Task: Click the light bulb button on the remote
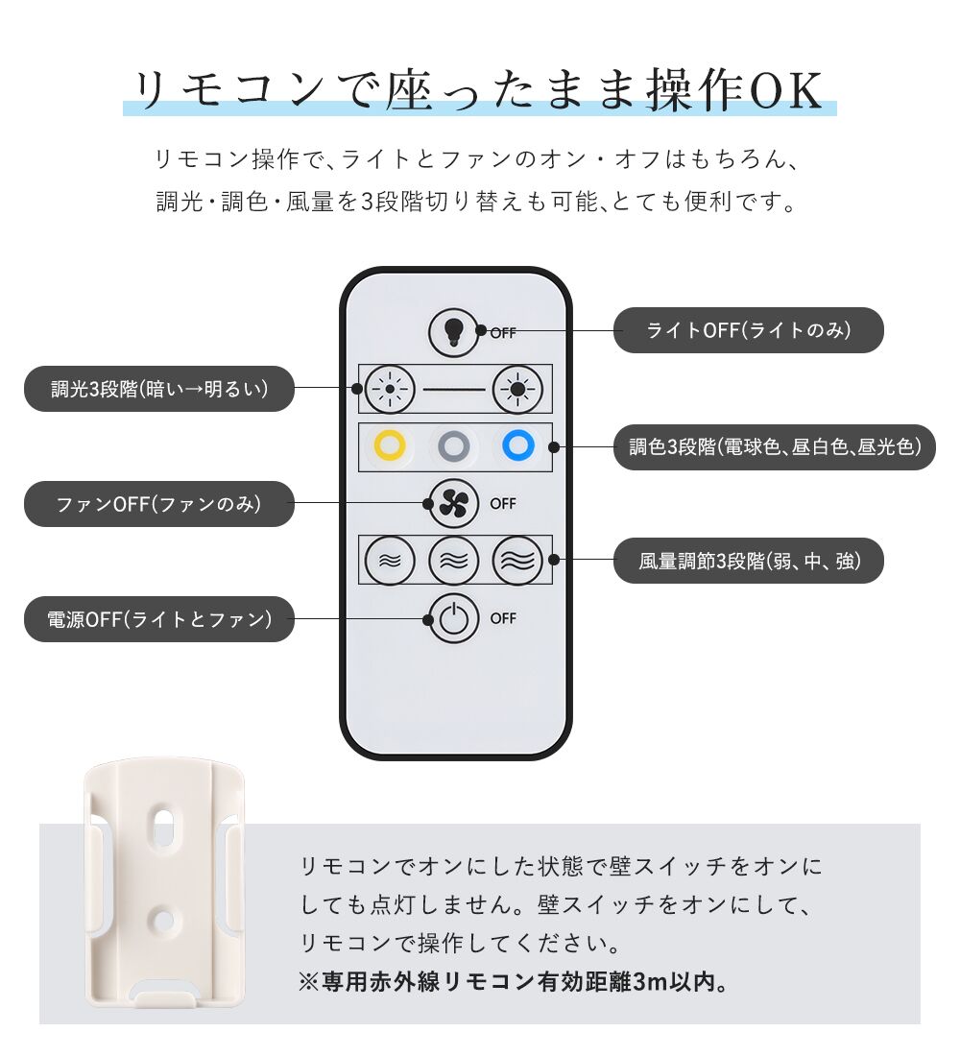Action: (x=453, y=331)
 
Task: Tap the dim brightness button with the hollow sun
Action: (x=389, y=389)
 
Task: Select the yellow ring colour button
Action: (x=390, y=445)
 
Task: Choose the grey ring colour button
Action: (x=453, y=445)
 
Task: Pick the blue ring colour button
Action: (x=518, y=445)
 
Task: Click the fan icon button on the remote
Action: (x=453, y=504)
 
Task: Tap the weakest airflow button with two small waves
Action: (x=389, y=561)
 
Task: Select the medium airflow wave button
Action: (x=453, y=561)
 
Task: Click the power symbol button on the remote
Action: (x=453, y=618)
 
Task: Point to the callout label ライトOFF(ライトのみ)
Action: (x=748, y=330)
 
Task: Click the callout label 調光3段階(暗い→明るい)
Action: (x=159, y=389)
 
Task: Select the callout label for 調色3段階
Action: (x=774, y=446)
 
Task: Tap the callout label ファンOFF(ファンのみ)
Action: (x=159, y=504)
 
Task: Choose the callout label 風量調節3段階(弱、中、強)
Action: (x=748, y=561)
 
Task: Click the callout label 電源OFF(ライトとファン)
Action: (x=159, y=619)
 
